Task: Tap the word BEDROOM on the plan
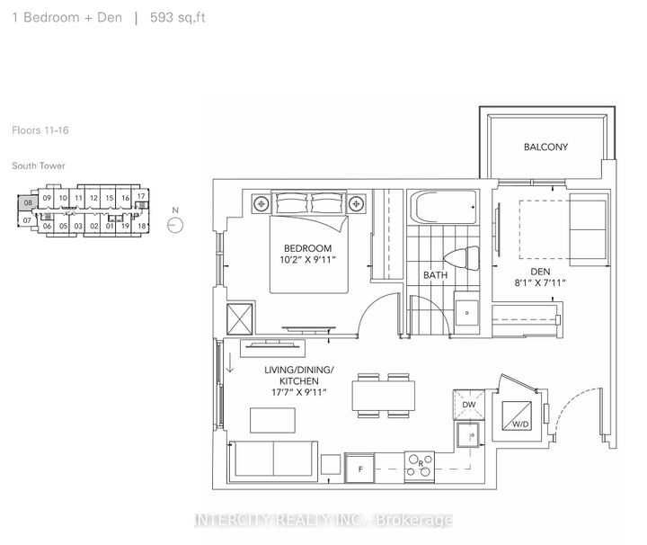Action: click(307, 248)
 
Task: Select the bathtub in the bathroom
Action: click(446, 209)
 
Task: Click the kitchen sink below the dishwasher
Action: click(467, 439)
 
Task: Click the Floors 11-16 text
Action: click(40, 130)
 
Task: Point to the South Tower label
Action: click(39, 165)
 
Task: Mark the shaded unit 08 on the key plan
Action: click(29, 203)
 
